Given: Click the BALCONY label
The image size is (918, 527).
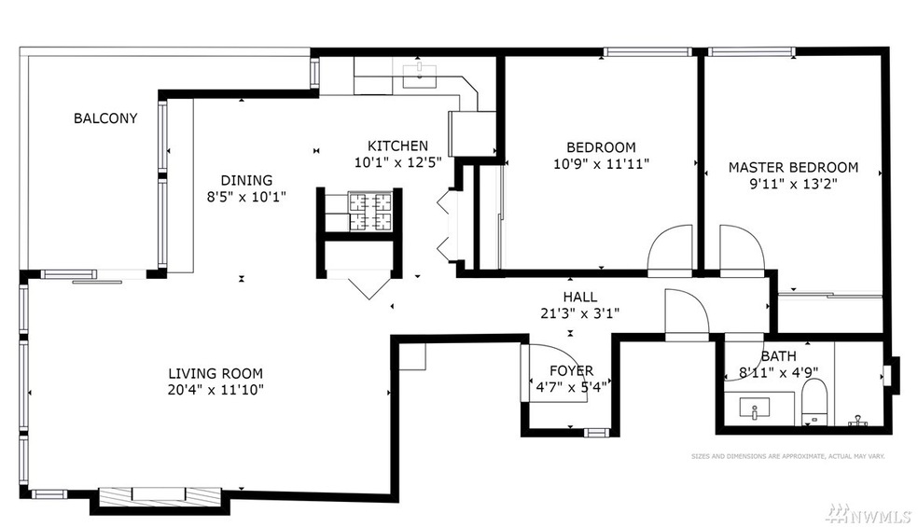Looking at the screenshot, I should [x=105, y=118].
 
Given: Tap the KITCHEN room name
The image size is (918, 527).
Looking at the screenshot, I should [x=397, y=146].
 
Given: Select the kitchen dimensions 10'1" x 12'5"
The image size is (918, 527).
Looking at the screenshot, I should [x=397, y=162].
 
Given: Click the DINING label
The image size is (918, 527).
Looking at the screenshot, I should [x=246, y=180].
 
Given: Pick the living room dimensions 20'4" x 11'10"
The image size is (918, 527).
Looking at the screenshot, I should [x=210, y=389].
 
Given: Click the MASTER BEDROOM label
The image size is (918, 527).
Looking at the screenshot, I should [x=793, y=167].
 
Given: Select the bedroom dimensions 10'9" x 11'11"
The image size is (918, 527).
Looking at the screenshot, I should [x=601, y=163].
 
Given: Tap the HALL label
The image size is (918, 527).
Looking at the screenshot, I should [x=579, y=297].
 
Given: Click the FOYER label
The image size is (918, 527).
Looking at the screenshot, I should [x=571, y=370].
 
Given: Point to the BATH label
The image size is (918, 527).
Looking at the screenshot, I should [x=778, y=356].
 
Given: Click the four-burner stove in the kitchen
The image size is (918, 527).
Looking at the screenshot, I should [x=371, y=212].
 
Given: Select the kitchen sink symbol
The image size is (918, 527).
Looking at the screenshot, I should [x=424, y=76].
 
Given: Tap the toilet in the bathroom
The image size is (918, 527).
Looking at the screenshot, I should [x=814, y=400].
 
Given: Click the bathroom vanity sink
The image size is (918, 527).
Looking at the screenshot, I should [x=754, y=408].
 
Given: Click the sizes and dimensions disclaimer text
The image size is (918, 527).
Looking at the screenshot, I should [x=787, y=456].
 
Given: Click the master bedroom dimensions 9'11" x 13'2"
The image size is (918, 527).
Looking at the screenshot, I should [x=793, y=184].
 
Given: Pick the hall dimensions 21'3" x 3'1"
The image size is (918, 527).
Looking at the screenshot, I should [x=579, y=313].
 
